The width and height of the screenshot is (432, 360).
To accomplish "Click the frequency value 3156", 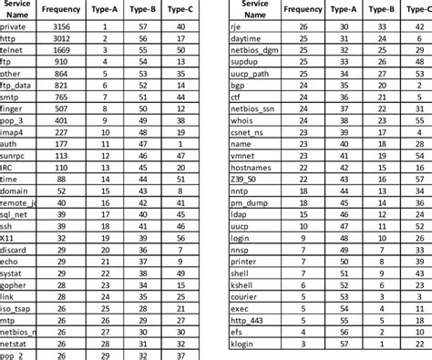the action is click(x=63, y=28).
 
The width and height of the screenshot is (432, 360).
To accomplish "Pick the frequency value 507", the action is click(x=63, y=108).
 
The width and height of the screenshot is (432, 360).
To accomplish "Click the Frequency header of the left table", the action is click(x=63, y=8).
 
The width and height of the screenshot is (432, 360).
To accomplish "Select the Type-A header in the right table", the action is click(x=342, y=8).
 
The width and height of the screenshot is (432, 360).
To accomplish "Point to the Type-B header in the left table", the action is click(x=143, y=8).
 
